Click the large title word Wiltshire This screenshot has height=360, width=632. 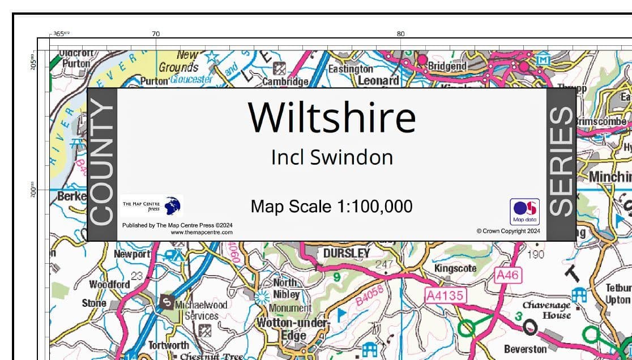(332, 118)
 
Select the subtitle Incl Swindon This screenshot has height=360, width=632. (332, 157)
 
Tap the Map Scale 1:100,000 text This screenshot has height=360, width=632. (331, 207)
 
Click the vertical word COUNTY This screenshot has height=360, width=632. (102, 164)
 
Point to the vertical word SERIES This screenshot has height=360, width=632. (561, 164)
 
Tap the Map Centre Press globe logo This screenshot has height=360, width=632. (173, 205)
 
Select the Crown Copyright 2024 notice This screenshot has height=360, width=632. (508, 231)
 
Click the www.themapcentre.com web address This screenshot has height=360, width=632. (201, 232)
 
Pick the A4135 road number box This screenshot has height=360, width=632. (445, 295)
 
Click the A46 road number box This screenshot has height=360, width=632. (507, 275)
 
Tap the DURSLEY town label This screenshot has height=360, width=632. (346, 253)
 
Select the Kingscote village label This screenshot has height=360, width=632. (455, 268)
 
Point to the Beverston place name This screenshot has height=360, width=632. (526, 349)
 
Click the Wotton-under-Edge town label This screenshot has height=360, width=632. (293, 329)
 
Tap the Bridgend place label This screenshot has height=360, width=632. (447, 66)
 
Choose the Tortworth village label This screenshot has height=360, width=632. (169, 345)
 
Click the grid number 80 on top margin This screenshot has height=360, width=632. (401, 33)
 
